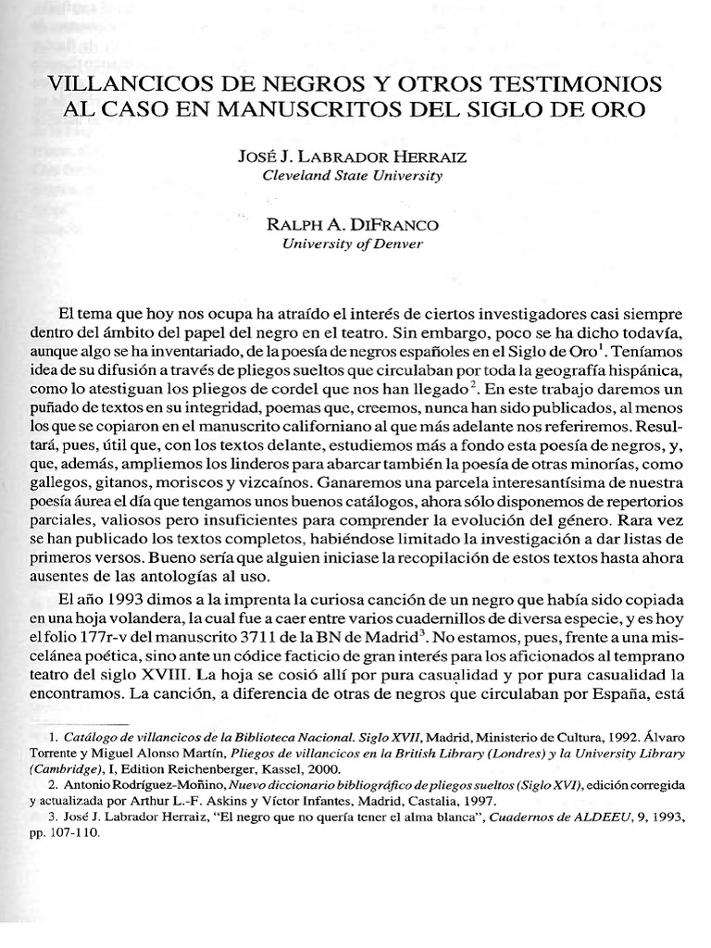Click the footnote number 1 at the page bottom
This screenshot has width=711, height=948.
click(x=54, y=738)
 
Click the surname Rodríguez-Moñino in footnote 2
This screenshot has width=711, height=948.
click(x=153, y=785)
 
